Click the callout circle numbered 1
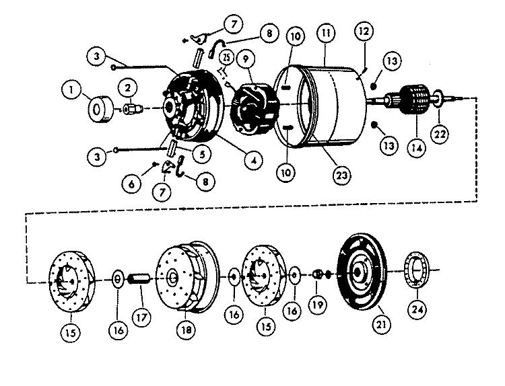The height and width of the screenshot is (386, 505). pyautogui.click(x=71, y=89)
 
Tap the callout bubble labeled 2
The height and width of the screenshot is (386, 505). pyautogui.click(x=128, y=88)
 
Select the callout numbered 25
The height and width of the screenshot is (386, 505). pyautogui.click(x=227, y=58)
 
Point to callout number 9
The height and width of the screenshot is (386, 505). pyautogui.click(x=246, y=59)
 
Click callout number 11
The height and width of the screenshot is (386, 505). pyautogui.click(x=326, y=33)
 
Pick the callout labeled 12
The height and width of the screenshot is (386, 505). pyautogui.click(x=364, y=31)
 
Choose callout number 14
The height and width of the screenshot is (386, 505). pyautogui.click(x=416, y=148)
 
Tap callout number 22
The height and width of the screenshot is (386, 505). pyautogui.click(x=440, y=134)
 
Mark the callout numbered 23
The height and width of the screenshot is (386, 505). pyautogui.click(x=342, y=176)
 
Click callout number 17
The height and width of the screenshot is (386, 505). pyautogui.click(x=141, y=318)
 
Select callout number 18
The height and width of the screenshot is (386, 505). pyautogui.click(x=187, y=330)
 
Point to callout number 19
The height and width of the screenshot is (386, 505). pyautogui.click(x=318, y=305)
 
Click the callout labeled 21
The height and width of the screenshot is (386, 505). pyautogui.click(x=381, y=324)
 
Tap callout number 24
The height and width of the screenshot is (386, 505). pyautogui.click(x=417, y=309)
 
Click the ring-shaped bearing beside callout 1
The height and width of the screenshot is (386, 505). pyautogui.click(x=100, y=110)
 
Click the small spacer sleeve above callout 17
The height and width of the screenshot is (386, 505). pyautogui.click(x=139, y=279)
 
